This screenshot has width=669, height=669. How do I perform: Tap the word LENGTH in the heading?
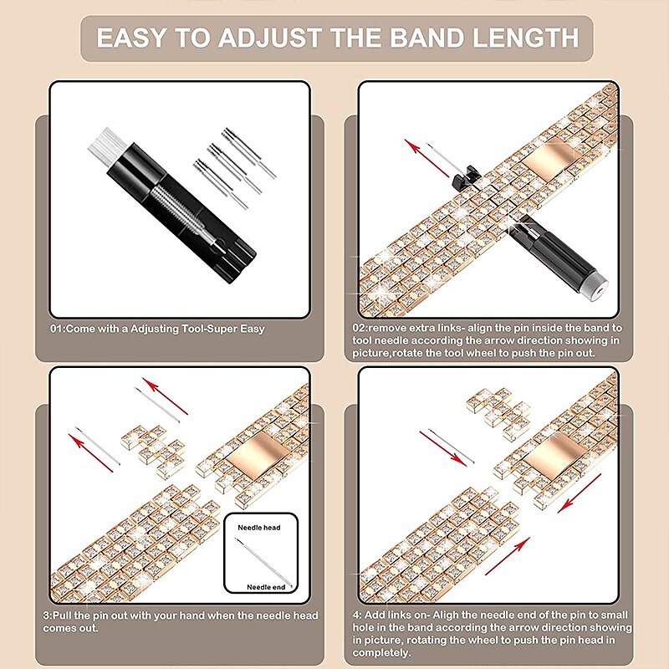click(526, 38)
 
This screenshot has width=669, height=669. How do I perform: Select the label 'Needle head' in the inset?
click(259, 528)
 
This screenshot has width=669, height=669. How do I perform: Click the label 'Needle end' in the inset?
click(266, 587)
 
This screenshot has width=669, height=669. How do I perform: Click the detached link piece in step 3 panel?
click(154, 451)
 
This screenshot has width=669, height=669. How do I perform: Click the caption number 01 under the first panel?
click(55, 329)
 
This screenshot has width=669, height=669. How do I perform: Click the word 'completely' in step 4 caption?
click(380, 653)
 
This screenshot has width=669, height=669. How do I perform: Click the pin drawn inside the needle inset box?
click(263, 561)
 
